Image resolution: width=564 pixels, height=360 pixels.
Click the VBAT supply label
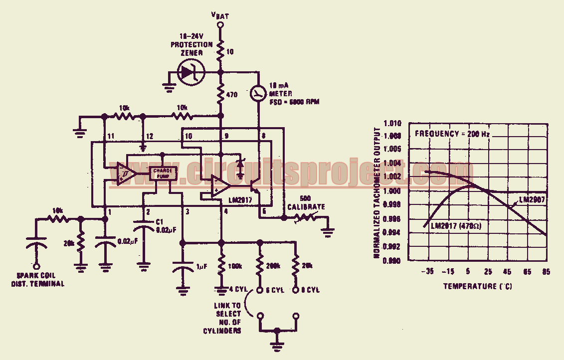click(220, 15)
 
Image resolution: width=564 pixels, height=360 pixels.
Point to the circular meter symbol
click(258, 93)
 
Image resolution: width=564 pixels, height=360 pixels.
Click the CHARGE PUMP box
click(163, 174)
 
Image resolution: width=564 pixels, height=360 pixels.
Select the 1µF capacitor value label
click(202, 268)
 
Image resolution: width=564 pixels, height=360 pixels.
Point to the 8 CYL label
click(311, 290)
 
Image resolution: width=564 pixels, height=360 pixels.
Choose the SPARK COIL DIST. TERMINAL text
click(41, 279)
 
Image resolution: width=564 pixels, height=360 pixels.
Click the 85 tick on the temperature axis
click(546, 272)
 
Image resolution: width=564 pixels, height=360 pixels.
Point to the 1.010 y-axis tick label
click(394, 123)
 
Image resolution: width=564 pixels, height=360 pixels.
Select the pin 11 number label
click(110, 136)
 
